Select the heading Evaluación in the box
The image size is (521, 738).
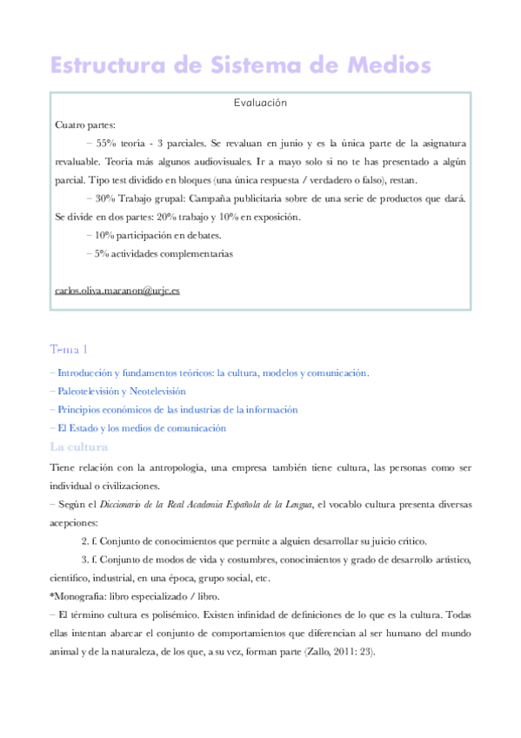[260, 103]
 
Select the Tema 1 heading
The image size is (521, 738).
[70, 349]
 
